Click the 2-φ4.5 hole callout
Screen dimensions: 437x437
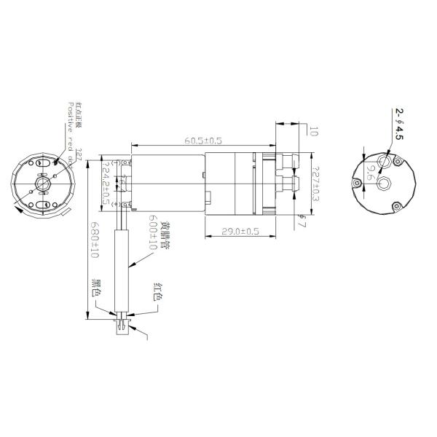pyautogui.click(x=399, y=124)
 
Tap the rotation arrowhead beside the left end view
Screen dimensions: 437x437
pyautogui.click(x=17, y=210)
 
